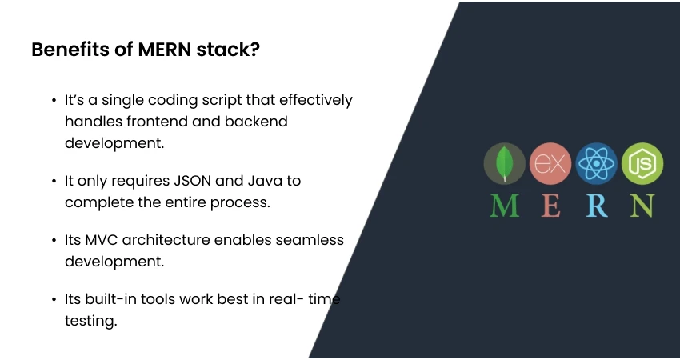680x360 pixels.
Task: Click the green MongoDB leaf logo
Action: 504,164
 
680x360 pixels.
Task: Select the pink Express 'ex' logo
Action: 550,164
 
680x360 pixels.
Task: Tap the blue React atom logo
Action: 596,164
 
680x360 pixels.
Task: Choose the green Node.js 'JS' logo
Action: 642,164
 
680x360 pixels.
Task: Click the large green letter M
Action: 504,206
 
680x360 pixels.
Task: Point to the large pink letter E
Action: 550,206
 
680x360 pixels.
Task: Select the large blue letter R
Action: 597,206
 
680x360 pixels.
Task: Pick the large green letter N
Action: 642,206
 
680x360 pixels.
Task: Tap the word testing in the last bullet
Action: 91,320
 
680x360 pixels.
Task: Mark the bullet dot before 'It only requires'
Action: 54,181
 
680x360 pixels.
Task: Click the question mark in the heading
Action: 254,50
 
